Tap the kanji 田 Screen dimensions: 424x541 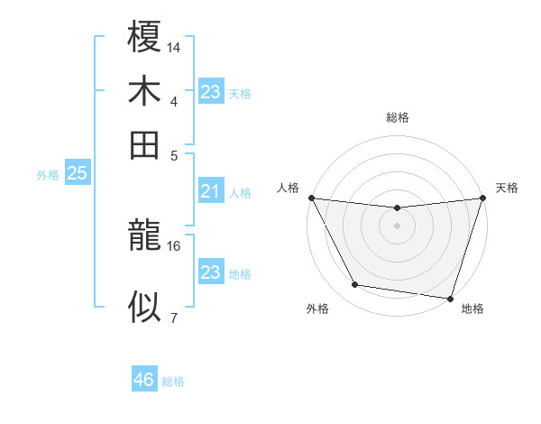tap(144, 144)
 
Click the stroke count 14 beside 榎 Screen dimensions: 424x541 tap(173, 46)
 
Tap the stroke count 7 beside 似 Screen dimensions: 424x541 tap(173, 317)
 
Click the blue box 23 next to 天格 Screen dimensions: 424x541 tap(210, 91)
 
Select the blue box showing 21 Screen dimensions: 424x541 tap(210, 191)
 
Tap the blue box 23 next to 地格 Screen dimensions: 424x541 tap(210, 272)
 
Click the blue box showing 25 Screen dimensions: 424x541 tap(77, 173)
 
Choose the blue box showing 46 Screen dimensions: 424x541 tap(144, 380)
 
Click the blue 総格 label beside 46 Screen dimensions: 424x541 tap(173, 382)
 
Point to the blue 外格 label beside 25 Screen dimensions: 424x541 tap(48, 175)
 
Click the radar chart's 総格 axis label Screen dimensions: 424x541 tap(398, 117)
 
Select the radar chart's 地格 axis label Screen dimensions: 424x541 tap(472, 309)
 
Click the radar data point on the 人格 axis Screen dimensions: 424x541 tap(312, 198)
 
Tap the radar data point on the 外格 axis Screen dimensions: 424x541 tap(355, 285)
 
